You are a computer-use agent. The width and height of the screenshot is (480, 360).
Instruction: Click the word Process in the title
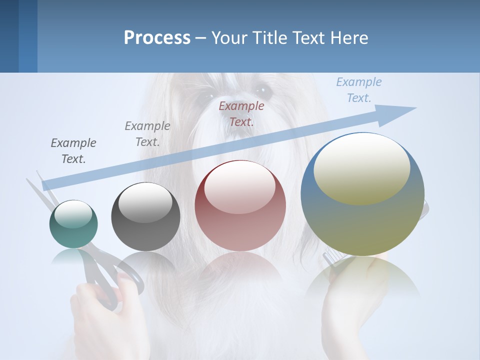[x=157, y=38]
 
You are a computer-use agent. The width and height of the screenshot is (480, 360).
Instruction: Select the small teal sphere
[x=73, y=224]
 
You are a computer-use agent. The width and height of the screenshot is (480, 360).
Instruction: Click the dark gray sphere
[x=145, y=217]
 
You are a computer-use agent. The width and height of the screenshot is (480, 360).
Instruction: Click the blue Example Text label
[x=358, y=90]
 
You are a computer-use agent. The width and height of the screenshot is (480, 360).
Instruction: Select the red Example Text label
[x=241, y=114]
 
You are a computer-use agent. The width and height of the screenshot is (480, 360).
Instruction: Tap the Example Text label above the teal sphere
[x=73, y=151]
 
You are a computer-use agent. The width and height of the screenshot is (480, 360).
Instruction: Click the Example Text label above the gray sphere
[x=147, y=134]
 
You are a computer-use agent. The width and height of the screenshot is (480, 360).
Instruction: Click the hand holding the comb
[x=350, y=310]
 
